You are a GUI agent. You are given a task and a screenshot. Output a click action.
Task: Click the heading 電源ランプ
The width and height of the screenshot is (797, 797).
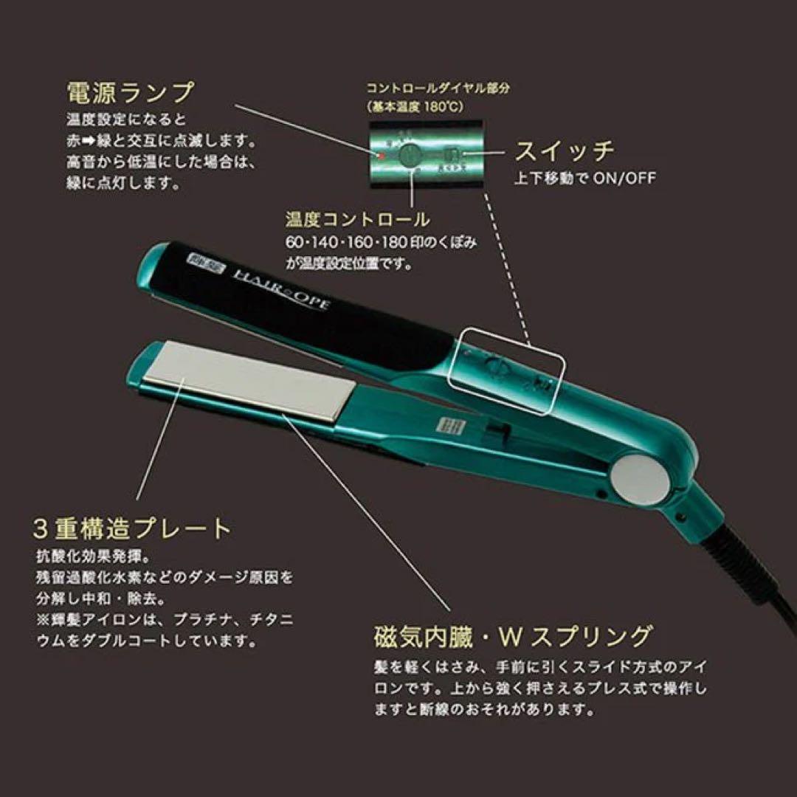pos(130,94)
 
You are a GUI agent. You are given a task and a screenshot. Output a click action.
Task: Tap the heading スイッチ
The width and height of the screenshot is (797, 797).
pos(564,151)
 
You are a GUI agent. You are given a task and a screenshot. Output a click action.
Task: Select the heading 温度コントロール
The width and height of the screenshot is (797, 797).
pos(357,219)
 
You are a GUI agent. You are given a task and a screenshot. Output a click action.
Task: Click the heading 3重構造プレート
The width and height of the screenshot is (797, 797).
pos(133,528)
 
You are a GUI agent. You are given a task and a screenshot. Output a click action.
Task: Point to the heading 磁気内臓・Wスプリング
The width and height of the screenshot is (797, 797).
pos(513,635)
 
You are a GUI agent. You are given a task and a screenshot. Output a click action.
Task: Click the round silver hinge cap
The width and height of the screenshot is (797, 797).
pos(640,479)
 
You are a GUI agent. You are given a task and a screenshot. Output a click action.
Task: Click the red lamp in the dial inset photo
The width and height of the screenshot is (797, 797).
pos(382,156)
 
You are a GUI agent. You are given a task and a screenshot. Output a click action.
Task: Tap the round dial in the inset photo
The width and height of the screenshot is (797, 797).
pos(410,156)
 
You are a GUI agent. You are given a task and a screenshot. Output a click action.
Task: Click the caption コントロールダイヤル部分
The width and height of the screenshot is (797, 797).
pos(438,88)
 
